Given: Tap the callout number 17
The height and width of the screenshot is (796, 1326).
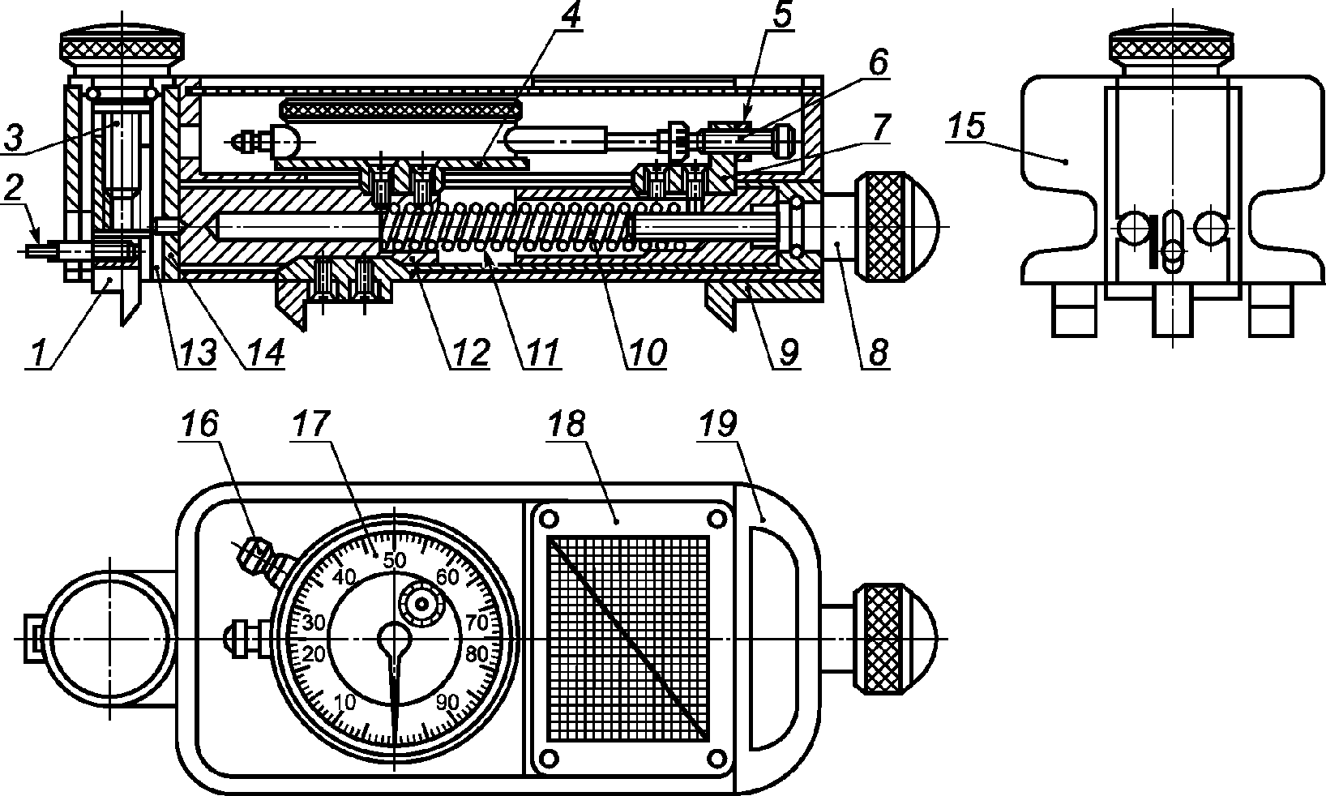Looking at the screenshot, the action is (x=310, y=423).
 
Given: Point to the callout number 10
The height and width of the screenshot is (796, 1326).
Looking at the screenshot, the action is (x=648, y=352).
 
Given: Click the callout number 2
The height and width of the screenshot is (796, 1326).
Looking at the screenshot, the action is (x=13, y=187).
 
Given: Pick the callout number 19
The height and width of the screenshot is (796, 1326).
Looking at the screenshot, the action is (x=719, y=423).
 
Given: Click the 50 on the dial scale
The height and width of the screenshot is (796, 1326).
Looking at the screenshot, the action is (x=395, y=560).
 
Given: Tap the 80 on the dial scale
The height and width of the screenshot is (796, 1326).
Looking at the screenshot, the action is (x=477, y=654).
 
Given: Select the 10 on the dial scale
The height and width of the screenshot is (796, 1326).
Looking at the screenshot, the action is (x=345, y=702).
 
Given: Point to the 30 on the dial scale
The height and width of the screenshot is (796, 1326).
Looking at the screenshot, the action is (x=314, y=623).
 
